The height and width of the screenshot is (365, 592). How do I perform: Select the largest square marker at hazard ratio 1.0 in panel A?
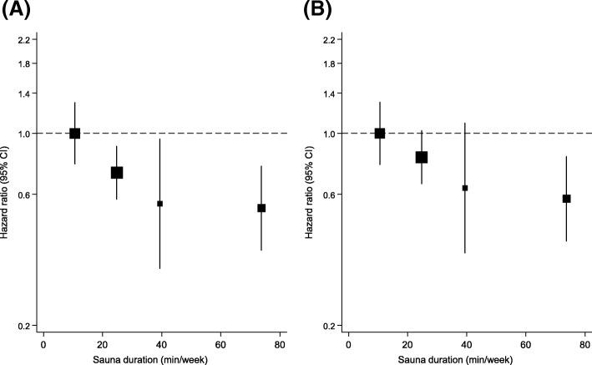75,134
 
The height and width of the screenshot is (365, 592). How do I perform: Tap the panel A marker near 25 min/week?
117,172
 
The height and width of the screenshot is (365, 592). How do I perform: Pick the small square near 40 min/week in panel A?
160,204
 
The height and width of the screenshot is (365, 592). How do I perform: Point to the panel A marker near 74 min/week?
261,208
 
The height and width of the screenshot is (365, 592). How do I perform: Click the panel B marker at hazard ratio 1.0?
380,134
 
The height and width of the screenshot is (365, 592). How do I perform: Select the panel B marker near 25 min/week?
422,157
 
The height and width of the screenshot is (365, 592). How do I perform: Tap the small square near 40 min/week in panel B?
465,188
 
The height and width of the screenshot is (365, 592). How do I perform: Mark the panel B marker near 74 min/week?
566,199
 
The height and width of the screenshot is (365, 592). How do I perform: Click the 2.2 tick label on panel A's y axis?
23,40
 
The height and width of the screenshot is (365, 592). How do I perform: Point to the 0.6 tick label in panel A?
23,195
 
